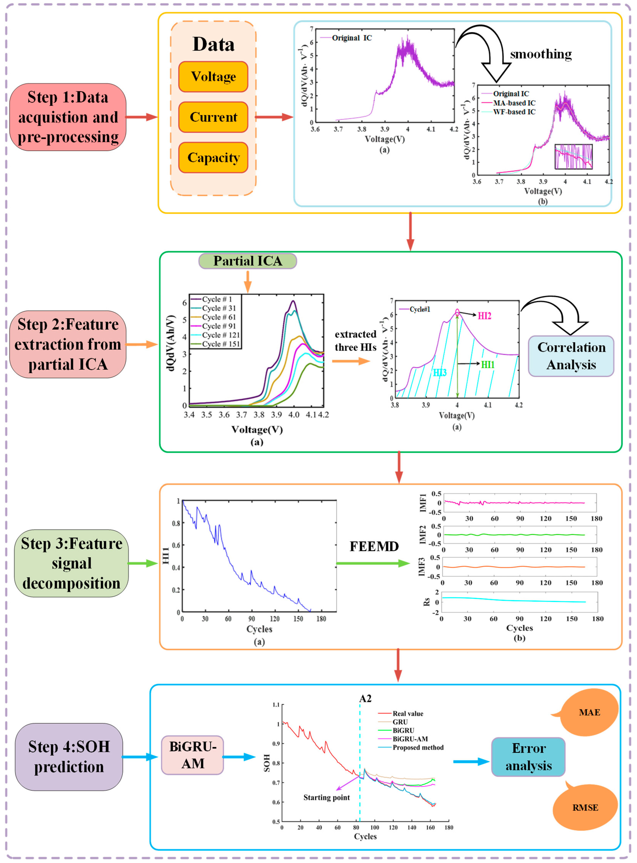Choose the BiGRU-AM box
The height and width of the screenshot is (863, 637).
click(192, 755)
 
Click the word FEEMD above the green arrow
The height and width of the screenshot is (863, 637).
click(374, 546)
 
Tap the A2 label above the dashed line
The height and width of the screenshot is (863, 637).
click(365, 699)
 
